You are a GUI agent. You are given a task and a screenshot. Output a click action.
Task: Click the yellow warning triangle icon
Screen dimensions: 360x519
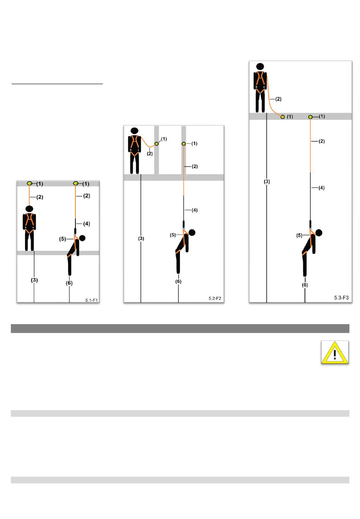coord(335,353)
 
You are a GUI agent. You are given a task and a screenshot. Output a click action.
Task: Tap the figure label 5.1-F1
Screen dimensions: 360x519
coord(91,300)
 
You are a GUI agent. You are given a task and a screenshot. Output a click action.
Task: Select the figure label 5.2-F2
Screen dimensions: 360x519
coord(215,298)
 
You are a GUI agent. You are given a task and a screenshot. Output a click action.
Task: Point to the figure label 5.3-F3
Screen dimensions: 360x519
coord(341,298)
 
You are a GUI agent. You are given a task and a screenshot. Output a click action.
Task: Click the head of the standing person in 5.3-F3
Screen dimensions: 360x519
coord(260,66)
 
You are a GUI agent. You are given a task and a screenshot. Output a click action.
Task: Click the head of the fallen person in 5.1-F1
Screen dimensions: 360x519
coord(82,238)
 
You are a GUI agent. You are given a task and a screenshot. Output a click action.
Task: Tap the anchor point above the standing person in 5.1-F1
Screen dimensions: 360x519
coord(30,183)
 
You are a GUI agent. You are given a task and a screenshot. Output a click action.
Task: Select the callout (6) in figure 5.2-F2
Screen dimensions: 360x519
coord(178,282)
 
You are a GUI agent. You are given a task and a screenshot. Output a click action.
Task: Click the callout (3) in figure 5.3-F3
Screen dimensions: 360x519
coord(267,182)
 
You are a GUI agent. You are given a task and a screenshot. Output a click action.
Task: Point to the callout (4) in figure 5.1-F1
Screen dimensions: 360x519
coord(86,224)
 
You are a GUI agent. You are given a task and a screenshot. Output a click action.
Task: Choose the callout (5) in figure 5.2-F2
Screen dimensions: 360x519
coord(173,235)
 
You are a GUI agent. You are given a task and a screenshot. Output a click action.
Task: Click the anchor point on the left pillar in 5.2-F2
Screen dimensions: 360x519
coord(157,144)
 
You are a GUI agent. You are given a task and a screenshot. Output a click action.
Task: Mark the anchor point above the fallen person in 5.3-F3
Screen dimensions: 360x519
coord(310,117)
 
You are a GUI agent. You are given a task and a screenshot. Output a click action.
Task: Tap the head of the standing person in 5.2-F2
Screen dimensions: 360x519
coord(135,131)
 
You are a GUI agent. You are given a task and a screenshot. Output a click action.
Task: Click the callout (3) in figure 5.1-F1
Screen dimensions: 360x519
coord(34,280)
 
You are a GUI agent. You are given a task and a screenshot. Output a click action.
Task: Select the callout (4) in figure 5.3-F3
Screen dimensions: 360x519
coord(321,188)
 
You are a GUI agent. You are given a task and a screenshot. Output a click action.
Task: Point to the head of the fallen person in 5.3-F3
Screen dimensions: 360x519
coord(319,233)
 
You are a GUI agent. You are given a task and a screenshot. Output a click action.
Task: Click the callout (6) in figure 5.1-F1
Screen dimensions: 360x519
coord(69,283)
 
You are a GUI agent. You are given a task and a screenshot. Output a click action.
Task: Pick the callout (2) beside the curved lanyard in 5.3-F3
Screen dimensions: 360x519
coord(278,99)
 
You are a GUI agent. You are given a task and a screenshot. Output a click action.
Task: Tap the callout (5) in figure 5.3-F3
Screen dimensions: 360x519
coord(299,235)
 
